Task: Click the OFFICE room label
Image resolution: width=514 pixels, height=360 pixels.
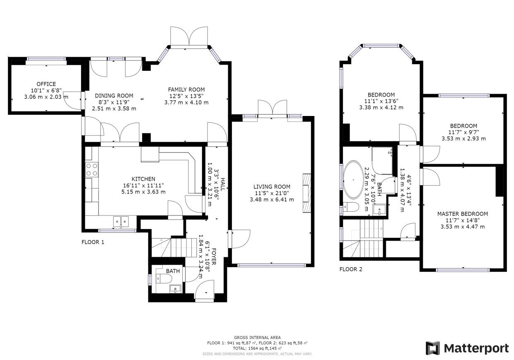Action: (x=46, y=84)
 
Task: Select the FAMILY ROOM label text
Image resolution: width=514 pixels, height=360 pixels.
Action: (x=186, y=89)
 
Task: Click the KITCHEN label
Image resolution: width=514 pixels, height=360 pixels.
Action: (x=143, y=179)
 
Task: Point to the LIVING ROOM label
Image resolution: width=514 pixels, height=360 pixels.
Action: (x=272, y=187)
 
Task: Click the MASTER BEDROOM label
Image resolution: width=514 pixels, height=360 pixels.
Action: (x=462, y=214)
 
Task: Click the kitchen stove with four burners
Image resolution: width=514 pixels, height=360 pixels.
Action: (x=92, y=169)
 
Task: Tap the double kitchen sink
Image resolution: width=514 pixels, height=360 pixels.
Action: (x=121, y=222)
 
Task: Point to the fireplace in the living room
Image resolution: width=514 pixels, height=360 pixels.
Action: (x=306, y=193)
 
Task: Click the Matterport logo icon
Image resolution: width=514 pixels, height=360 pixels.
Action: (x=433, y=348)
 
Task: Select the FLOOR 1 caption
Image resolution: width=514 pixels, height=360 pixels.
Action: (x=93, y=242)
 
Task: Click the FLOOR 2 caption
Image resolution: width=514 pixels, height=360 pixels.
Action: (x=351, y=269)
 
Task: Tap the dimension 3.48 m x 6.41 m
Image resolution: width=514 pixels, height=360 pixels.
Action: (x=272, y=199)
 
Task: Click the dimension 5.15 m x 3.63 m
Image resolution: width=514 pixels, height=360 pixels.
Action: (x=143, y=191)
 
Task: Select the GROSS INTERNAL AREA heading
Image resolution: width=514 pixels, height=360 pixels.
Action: (x=257, y=338)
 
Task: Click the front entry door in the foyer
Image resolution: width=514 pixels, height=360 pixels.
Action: (x=204, y=290)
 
